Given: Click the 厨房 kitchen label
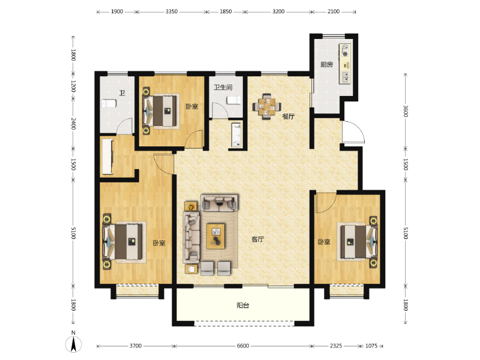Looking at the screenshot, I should coord(326,65).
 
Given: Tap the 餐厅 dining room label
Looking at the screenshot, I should coord(289,116).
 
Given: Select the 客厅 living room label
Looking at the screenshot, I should coord(258,239).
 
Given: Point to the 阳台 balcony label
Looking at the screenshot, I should coord(242,305).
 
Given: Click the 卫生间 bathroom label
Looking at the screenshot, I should coord(223,88).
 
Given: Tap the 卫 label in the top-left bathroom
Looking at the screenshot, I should coord(122,93).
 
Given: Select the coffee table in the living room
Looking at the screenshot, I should coord(216,236).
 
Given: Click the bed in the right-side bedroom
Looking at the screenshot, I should coord(358,242).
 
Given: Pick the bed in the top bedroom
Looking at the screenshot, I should coord(161,110).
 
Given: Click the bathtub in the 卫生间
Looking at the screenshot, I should coord(236,134).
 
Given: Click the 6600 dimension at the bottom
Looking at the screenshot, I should coord(242,346).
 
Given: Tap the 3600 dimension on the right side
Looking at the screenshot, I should coord(406,112).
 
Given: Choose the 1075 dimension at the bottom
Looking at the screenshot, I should coord(371,346).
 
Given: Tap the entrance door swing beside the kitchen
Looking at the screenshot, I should coord(352,132).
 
